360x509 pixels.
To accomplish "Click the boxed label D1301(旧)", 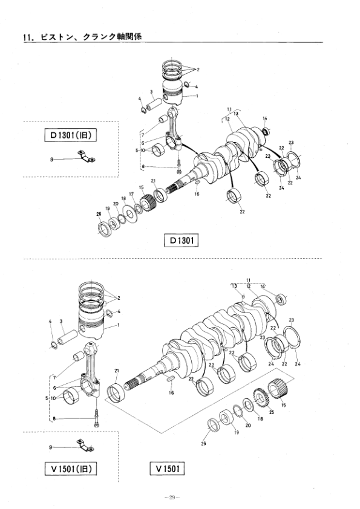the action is (71, 135).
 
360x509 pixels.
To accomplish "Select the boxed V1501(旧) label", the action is (71, 468).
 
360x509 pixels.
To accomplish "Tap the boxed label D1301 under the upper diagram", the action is (181, 240).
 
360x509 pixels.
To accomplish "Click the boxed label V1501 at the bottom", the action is (168, 468).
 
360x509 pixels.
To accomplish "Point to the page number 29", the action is (172, 497).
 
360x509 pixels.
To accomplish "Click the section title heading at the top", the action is (82, 37).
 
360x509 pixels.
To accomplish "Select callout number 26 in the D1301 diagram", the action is (99, 214).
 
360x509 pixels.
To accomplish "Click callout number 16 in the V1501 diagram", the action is (171, 392).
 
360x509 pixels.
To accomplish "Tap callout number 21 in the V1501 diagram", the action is (117, 371).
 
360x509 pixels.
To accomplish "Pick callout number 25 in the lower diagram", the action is (272, 412).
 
